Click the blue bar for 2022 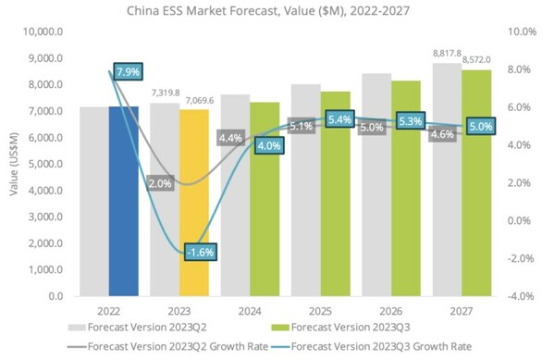(124, 201)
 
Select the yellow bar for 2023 (194, 203)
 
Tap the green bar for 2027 (476, 183)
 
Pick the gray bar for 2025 (306, 191)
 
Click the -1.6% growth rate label (201, 252)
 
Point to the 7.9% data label (128, 72)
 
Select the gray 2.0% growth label (160, 183)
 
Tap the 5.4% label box (339, 119)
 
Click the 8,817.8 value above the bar (448, 54)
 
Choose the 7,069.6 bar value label (200, 101)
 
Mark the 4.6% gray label (442, 134)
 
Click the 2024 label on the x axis (250, 311)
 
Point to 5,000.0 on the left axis (45, 164)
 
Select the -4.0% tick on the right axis (521, 296)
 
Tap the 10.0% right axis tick (523, 31)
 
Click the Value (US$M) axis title (14, 164)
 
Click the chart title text (268, 11)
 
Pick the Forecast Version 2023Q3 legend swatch (280, 328)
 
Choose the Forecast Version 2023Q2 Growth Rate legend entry (167, 346)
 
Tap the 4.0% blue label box (269, 145)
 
